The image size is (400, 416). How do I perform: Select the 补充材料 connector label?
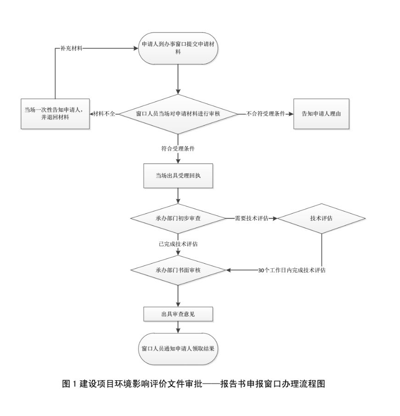coord(71,48)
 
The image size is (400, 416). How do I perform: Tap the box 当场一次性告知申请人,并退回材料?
coord(55,113)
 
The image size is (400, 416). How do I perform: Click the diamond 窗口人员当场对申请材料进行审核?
coord(178,114)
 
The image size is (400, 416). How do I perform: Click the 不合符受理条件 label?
coord(266,114)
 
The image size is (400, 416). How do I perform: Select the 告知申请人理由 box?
coord(321,114)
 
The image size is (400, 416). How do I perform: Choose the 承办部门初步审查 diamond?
coord(178,218)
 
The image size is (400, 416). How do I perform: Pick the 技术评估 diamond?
coord(321,218)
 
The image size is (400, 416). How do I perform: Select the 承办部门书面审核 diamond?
coord(178,270)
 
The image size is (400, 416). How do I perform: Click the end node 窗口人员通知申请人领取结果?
coord(178,348)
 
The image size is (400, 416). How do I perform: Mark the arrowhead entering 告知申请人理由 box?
coord(291,114)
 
